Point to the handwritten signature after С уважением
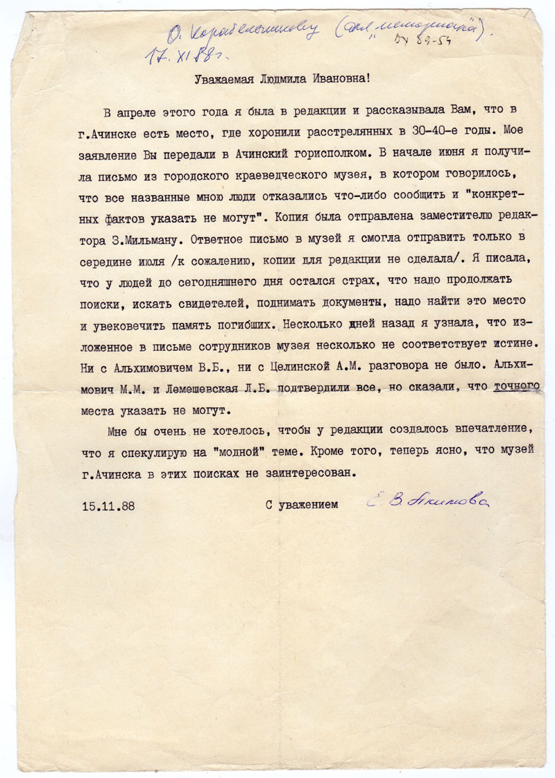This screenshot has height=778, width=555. pyautogui.click(x=428, y=503)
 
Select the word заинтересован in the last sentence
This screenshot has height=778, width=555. pyautogui.click(x=309, y=474)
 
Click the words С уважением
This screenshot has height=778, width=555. pyautogui.click(x=302, y=505)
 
